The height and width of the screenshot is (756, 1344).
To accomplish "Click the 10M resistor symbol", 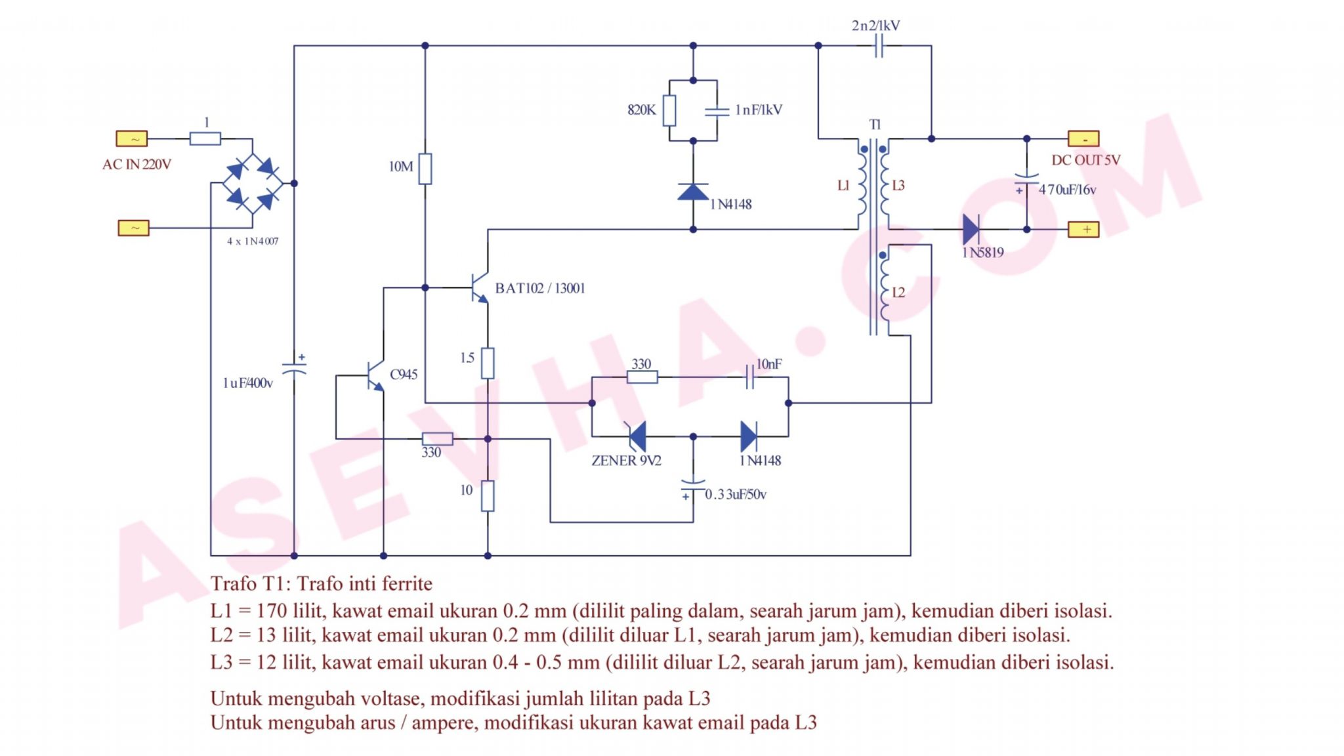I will pos(425,169).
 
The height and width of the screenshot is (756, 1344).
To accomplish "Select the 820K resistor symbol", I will pos(669,110).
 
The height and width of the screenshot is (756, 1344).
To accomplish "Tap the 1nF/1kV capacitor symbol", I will pos(717,111).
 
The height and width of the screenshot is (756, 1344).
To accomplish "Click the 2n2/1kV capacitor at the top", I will pos(879,46).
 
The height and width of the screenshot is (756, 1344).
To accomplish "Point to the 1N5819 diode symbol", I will pos(971,230).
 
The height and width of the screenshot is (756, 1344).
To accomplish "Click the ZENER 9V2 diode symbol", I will pos(637,436).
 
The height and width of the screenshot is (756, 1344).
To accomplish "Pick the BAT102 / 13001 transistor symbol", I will pos(480,287).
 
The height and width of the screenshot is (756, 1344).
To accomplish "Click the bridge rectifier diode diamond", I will pos(252,183).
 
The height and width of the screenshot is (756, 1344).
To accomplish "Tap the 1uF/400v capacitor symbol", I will pos(294,368).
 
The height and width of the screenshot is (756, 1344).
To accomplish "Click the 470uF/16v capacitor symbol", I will pos(1026,180).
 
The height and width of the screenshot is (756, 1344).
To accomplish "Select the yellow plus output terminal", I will pos(1083,230).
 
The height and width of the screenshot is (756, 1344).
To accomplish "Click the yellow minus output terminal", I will pos(1083,139).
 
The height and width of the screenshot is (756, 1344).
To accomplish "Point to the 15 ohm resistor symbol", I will pos(488,363).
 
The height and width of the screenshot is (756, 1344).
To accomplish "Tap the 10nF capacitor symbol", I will pos(750,377).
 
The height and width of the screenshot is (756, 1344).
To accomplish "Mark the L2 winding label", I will pos(898,293).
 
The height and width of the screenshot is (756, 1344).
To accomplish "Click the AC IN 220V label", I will pos(136,165).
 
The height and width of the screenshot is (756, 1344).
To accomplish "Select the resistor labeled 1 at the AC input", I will pos(205,138).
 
